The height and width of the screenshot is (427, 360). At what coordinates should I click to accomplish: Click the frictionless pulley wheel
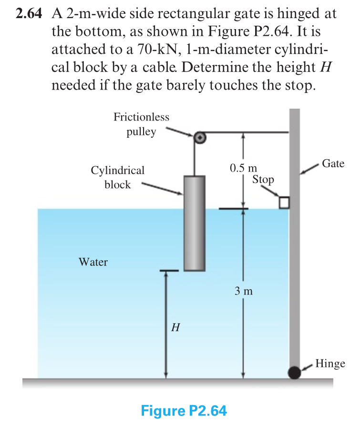[x=200, y=138]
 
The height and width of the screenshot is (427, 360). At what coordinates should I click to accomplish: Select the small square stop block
[x=284, y=203]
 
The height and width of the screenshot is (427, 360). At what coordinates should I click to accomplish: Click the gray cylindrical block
[x=195, y=223]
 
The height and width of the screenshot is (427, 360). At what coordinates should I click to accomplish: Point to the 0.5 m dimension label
[x=243, y=168]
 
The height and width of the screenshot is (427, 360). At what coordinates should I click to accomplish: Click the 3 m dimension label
[x=243, y=291]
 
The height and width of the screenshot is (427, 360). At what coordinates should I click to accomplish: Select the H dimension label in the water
[x=175, y=328]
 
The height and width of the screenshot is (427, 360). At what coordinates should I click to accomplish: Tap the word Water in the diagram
[x=93, y=262]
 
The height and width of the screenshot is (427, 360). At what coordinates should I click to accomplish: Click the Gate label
[x=333, y=163]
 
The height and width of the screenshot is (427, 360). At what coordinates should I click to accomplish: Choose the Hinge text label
[x=330, y=364]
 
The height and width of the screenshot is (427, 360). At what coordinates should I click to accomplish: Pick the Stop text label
[x=263, y=180]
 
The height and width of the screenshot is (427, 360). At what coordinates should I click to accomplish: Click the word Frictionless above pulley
[x=141, y=117]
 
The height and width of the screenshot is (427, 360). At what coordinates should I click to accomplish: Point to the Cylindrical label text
[x=117, y=170]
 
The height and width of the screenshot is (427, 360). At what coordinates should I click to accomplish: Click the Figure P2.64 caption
[x=184, y=410]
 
